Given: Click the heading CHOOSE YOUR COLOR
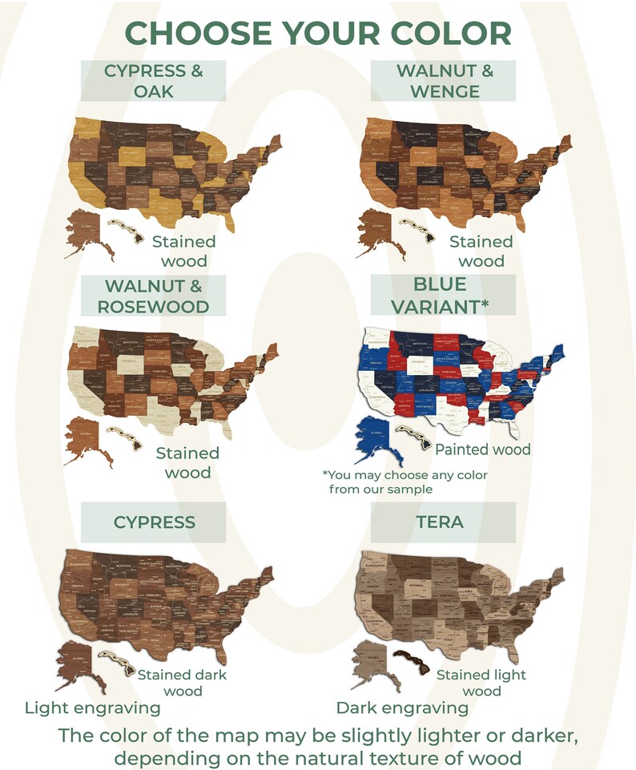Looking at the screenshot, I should click(x=318, y=34).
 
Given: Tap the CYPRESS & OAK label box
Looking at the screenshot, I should click(x=154, y=81).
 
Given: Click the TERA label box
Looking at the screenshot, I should click(x=440, y=522).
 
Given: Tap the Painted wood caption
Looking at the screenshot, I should click(x=482, y=450).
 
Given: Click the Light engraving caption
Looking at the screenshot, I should click(x=92, y=708).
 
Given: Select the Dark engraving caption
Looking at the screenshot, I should click(x=401, y=708).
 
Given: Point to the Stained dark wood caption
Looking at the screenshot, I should click(x=182, y=683).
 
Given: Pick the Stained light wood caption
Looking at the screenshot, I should click(x=481, y=683).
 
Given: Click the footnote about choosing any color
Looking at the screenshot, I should click(x=405, y=482).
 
